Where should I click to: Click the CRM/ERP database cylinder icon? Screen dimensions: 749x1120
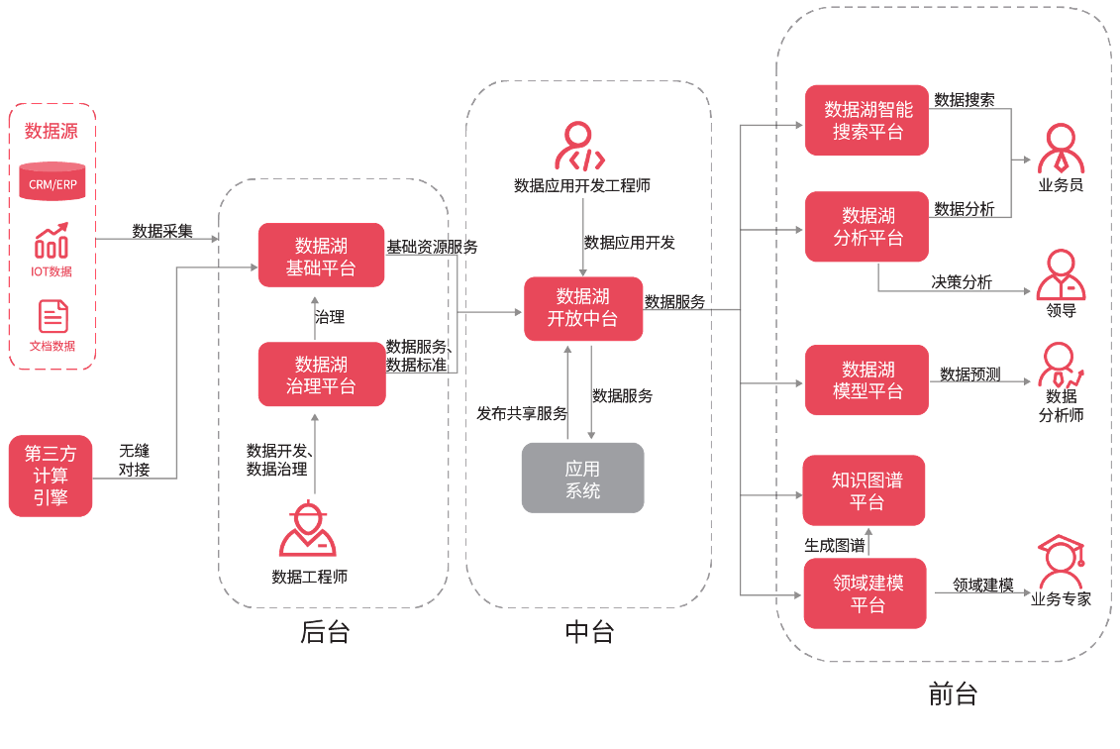(x=52, y=181)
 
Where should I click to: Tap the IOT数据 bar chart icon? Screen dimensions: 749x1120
(x=51, y=241)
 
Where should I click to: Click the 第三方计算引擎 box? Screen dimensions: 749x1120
(x=51, y=476)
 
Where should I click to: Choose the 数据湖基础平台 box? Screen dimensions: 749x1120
(x=321, y=256)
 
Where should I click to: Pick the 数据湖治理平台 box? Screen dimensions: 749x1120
(x=321, y=374)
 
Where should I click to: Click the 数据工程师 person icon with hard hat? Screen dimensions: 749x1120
(x=308, y=530)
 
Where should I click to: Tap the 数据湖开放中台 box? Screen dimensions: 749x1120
(x=583, y=308)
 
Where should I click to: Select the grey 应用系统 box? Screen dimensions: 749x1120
(x=582, y=478)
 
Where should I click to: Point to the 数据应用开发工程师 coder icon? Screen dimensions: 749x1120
(x=580, y=147)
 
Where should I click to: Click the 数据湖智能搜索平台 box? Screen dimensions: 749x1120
(x=866, y=120)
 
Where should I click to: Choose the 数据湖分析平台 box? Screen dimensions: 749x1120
(x=866, y=227)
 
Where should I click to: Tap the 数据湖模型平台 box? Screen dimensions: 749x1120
(x=866, y=379)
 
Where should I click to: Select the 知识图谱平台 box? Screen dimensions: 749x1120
(x=864, y=490)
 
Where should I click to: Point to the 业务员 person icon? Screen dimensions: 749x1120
(x=1060, y=149)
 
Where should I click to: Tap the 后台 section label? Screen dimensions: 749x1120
(x=325, y=632)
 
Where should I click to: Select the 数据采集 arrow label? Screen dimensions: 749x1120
(x=162, y=231)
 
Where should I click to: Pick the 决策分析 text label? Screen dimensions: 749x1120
(x=961, y=282)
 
